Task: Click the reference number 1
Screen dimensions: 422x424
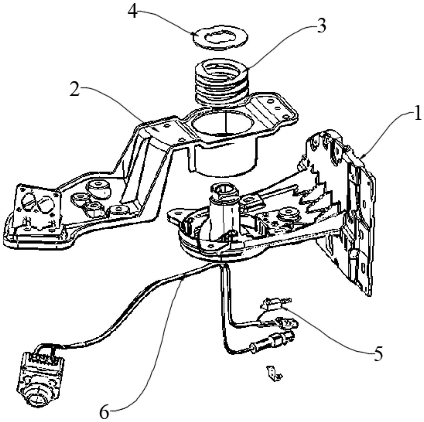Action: pyautogui.click(x=417, y=114)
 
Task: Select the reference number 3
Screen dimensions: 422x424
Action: pyautogui.click(x=321, y=26)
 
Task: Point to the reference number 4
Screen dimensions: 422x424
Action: pyautogui.click(x=133, y=12)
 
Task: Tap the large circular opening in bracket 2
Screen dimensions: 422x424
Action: pyautogui.click(x=223, y=122)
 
